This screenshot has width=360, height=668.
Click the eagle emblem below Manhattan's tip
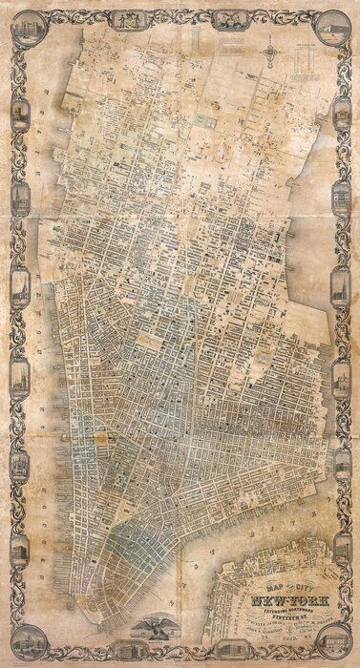[x=154, y=624]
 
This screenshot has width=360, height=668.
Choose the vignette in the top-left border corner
[x=19, y=24]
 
